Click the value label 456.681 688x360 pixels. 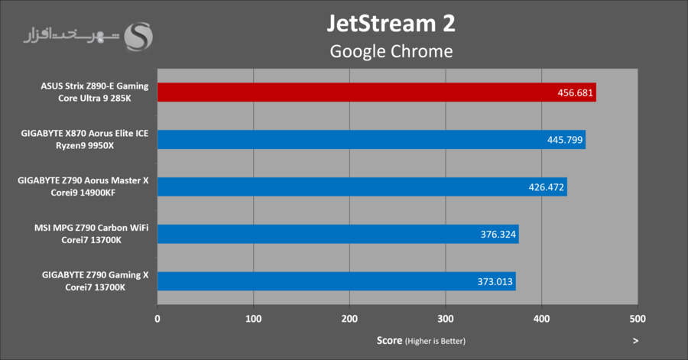pyautogui.click(x=575, y=92)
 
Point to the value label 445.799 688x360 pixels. pyautogui.click(x=565, y=140)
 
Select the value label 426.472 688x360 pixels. pyautogui.click(x=547, y=187)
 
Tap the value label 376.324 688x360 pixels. pyautogui.click(x=498, y=234)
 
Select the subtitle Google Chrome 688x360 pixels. pyautogui.click(x=391, y=51)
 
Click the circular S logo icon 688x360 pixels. pyautogui.click(x=143, y=36)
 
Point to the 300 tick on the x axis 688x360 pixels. pyautogui.click(x=446, y=318)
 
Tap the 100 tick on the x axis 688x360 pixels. pyautogui.click(x=254, y=318)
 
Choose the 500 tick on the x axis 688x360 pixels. pyautogui.click(x=638, y=318)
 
